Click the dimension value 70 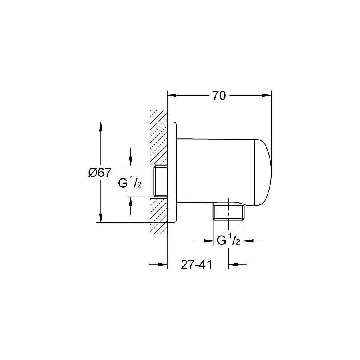click(219, 96)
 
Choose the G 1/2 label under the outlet click(228, 241)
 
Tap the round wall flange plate click(172, 172)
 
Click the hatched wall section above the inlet click(158, 136)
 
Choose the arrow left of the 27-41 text click(162, 264)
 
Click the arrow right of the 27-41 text click(234, 264)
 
